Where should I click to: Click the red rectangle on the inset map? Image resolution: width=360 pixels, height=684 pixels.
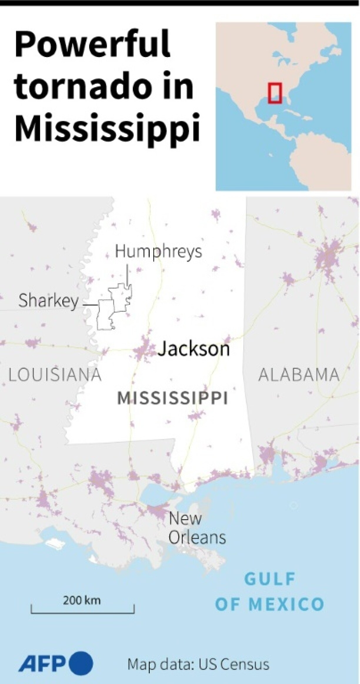tap(275, 93)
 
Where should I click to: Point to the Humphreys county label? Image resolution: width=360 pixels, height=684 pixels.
tap(158, 252)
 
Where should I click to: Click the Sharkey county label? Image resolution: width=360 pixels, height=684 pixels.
tap(49, 301)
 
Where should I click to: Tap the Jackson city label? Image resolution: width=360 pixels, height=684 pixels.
tap(194, 349)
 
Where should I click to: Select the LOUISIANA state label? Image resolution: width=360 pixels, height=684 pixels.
tap(55, 375)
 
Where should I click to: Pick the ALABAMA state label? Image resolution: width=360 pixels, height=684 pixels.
tap(299, 375)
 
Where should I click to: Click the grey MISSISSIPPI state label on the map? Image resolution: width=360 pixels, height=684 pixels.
tap(173, 398)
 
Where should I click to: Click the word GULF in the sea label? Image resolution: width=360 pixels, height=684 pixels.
tap(270, 579)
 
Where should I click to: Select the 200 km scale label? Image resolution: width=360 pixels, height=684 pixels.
tap(81, 600)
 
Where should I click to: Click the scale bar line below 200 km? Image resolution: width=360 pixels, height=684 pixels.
tap(83, 613)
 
